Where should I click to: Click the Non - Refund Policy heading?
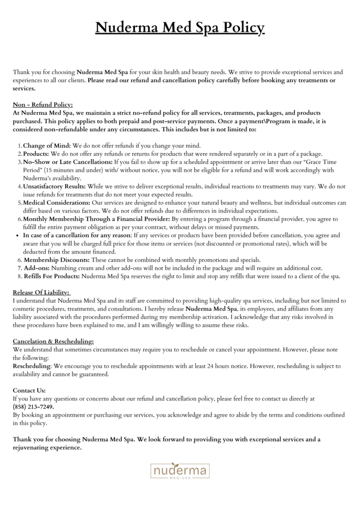[x=43, y=105]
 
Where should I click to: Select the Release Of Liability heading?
[x=41, y=293]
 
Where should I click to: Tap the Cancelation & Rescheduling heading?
[x=53, y=341]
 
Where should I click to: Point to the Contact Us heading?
[x=29, y=391]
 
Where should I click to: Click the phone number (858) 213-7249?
[x=33, y=407]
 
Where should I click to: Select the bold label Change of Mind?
[x=47, y=146]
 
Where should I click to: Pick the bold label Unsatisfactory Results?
[x=54, y=186]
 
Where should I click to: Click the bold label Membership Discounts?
[x=56, y=260]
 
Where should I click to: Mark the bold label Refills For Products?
[x=51, y=276]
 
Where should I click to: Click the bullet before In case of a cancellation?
[x=18, y=236]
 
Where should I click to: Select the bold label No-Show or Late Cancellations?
[x=68, y=162]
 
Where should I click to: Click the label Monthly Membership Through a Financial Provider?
[x=96, y=219]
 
